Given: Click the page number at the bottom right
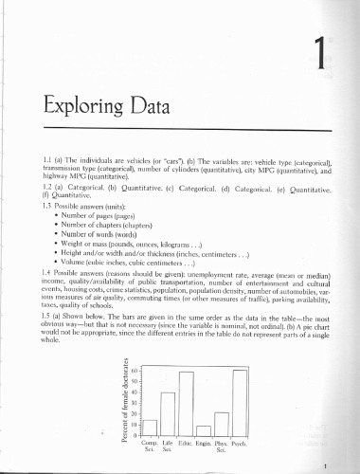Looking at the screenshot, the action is coord(326,465).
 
